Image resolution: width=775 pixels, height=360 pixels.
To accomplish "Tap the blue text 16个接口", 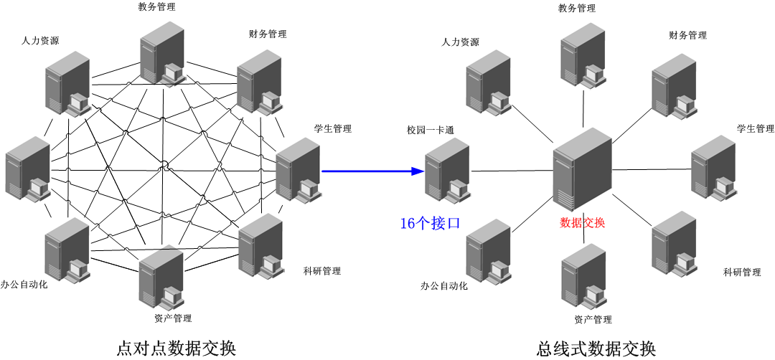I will tap(429, 224).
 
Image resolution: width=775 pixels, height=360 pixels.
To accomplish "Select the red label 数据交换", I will tap(582, 222).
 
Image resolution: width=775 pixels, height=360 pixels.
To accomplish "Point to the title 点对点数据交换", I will tap(176, 349).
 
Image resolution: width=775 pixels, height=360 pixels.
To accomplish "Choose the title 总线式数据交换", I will tap(596, 349).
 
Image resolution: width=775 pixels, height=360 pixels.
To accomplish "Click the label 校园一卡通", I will tap(430, 131).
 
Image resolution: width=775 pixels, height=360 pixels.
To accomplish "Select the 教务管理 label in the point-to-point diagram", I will tap(156, 7).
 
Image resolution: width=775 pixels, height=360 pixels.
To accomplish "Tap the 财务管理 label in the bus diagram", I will tap(687, 35).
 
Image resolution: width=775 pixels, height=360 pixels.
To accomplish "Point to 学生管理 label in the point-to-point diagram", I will tap(332, 129).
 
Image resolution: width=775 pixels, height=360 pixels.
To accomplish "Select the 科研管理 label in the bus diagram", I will tap(741, 273).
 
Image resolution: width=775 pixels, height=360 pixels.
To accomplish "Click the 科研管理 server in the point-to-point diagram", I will tap(260, 246).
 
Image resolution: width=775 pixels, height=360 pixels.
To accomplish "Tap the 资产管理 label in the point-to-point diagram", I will tap(172, 318).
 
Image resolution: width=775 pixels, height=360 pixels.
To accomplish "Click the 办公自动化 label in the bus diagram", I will tap(443, 286).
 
